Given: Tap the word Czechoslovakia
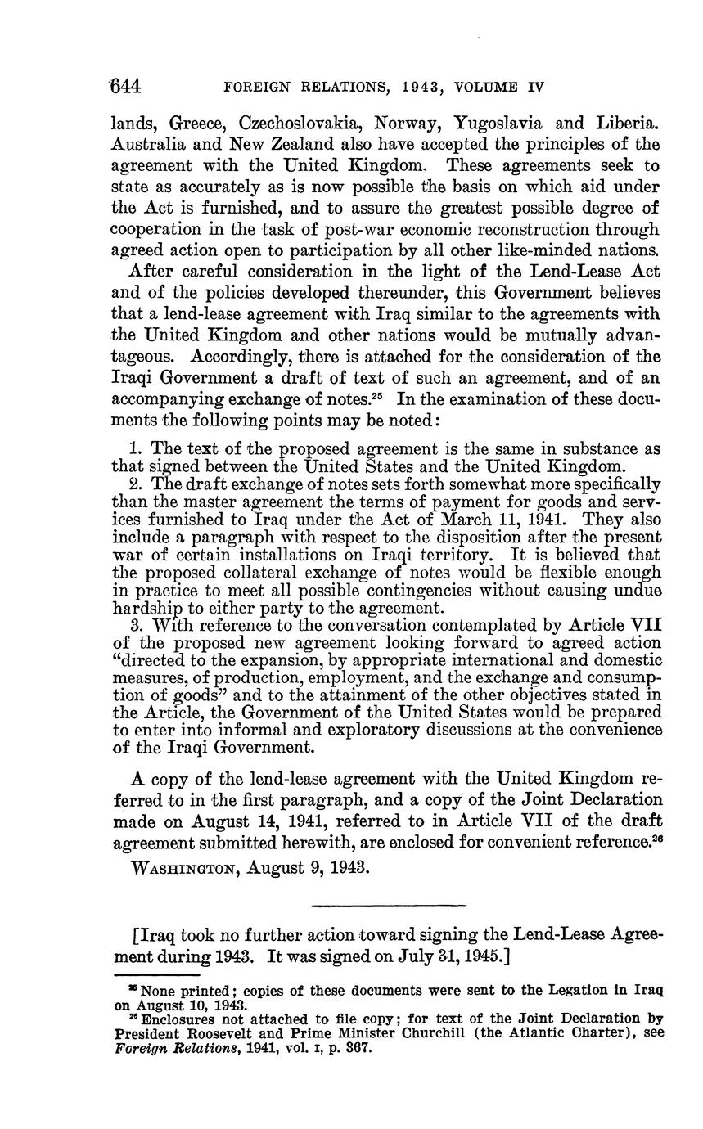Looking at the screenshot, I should pyautogui.click(x=300, y=124).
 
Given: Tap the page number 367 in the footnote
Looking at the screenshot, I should pyautogui.click(x=359, y=1048).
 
